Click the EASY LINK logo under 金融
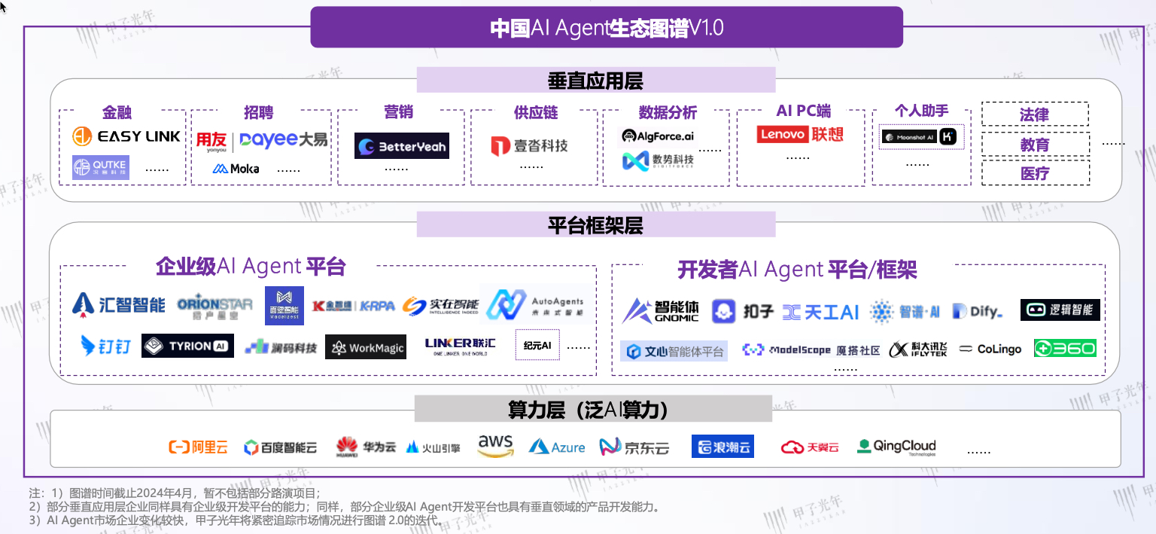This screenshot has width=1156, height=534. coord(126,136)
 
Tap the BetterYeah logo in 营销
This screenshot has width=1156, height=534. coord(401,146)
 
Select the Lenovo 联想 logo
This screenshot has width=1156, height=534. coord(800,135)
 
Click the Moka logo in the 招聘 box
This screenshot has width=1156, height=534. coord(236,169)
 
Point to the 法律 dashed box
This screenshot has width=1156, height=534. coord(1034,114)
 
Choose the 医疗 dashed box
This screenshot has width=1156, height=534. coord(1034,173)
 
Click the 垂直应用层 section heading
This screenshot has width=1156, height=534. coord(595,81)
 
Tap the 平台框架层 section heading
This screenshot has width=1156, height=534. coord(595,224)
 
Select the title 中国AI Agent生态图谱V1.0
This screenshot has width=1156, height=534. coord(607,28)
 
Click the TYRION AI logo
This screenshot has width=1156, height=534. coord(187,346)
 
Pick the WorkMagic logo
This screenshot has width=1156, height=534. coord(366,347)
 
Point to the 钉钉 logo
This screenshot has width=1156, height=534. coord(106,346)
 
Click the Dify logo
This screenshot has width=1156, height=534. coord(977,311)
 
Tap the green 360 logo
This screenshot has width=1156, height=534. coord(1064,348)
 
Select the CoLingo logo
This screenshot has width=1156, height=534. coord(990,349)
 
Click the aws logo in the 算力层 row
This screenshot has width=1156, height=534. coord(495,446)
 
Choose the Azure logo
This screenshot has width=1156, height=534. coord(557,447)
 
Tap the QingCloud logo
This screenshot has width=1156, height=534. coord(896,447)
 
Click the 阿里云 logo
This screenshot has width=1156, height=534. coord(198,447)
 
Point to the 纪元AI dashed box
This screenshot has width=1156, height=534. coord(537,346)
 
